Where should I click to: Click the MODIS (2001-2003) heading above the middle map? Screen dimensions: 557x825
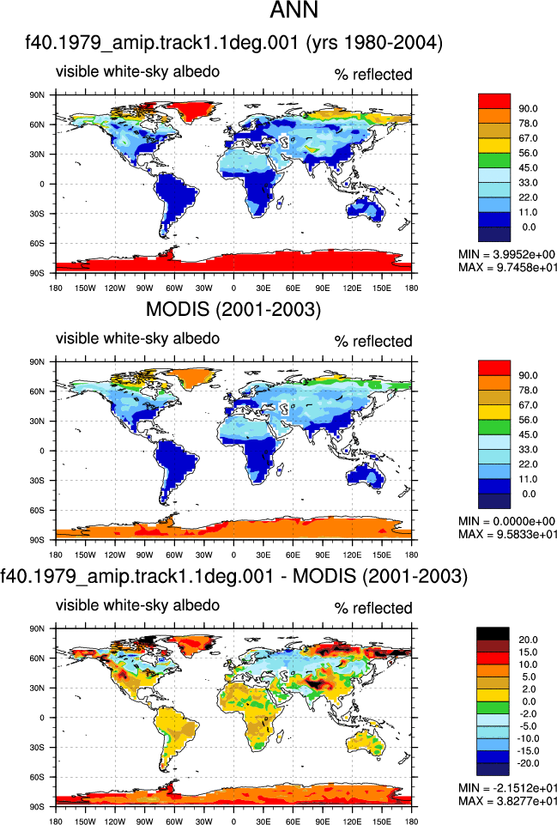click(x=233, y=309)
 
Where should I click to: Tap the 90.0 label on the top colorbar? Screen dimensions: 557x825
click(x=528, y=108)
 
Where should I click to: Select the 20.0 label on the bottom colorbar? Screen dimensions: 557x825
click(x=528, y=640)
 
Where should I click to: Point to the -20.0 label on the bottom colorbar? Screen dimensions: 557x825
click(x=527, y=763)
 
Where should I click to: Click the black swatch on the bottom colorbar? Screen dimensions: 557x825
click(x=493, y=634)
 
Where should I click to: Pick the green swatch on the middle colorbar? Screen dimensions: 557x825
click(x=494, y=428)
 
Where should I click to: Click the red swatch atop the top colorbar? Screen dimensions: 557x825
click(x=494, y=101)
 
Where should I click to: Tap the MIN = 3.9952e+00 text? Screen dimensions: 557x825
click(x=506, y=255)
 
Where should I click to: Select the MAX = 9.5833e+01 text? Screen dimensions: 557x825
click(x=507, y=534)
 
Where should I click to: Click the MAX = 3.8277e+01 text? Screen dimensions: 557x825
click(x=507, y=801)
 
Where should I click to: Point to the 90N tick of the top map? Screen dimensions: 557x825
click(x=38, y=95)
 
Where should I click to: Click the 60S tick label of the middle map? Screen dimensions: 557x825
click(x=38, y=510)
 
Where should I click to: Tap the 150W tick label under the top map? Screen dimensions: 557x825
click(x=85, y=288)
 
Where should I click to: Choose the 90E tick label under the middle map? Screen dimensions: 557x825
click(x=323, y=555)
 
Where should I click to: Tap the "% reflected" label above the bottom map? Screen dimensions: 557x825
click(x=373, y=608)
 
